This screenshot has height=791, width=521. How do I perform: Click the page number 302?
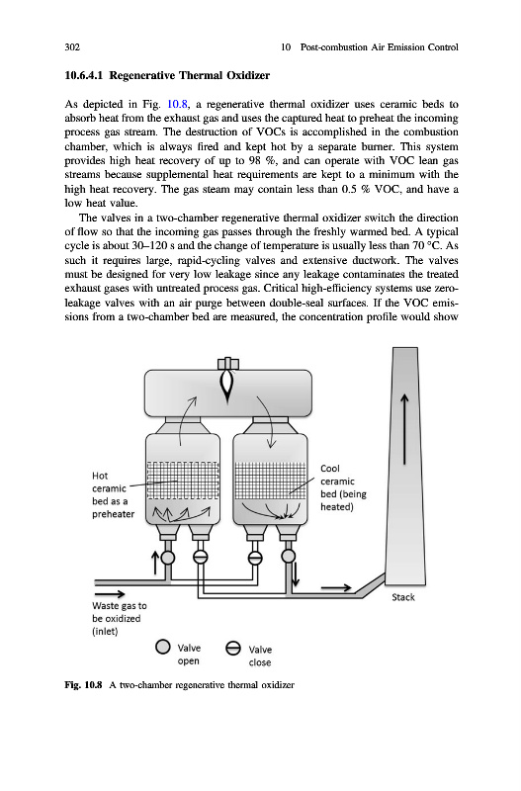point(72,47)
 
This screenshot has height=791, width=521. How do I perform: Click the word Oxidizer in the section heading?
point(247,76)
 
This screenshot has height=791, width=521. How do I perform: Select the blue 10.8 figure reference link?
point(177,105)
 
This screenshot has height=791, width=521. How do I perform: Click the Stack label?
point(403,597)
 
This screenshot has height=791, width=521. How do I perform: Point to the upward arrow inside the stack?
point(404,429)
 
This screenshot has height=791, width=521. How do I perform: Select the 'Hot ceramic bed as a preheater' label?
point(113,495)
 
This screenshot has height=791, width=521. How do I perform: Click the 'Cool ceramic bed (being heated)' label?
point(343,487)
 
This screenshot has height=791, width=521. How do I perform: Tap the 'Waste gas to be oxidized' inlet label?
point(119,619)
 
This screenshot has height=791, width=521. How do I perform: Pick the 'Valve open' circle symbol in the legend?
point(162,647)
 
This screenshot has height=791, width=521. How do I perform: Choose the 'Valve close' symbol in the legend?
point(233,649)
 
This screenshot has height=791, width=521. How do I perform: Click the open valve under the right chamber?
point(288,556)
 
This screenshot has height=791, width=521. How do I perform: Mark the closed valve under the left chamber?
point(201,557)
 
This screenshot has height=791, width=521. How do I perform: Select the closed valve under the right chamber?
point(256,557)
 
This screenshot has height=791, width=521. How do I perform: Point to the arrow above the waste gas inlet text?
point(110,594)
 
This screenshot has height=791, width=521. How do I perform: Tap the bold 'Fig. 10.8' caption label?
point(83,685)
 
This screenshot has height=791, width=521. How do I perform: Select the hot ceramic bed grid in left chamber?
point(183,482)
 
